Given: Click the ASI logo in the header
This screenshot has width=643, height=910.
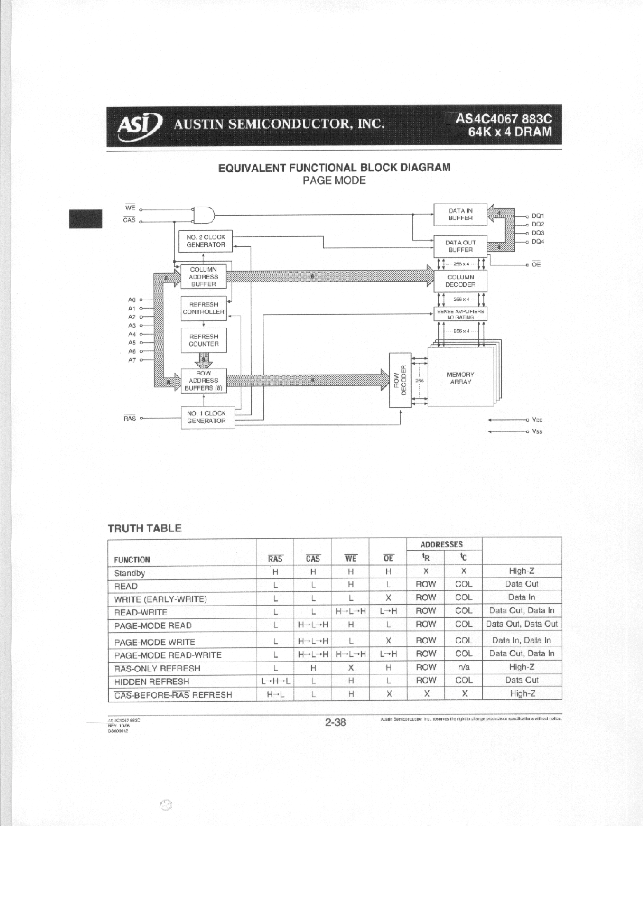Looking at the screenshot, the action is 139,126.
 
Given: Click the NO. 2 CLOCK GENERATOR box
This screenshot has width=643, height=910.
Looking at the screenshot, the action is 205,241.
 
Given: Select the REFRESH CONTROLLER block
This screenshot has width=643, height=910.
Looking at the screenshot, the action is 203,308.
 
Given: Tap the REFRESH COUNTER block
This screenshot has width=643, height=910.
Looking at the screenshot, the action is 203,340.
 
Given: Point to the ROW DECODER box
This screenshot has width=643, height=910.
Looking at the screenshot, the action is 400,380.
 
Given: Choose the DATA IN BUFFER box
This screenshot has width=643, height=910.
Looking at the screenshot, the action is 460,214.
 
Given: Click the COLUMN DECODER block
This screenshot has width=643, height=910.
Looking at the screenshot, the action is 460,281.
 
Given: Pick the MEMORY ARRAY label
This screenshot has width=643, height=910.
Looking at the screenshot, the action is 460,378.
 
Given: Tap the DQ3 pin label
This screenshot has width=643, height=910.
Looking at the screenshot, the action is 538,233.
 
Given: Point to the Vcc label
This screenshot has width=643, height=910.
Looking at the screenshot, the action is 537,420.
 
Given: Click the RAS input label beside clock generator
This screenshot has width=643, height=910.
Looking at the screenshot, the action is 130,419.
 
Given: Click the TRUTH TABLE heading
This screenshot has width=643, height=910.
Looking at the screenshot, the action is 145,528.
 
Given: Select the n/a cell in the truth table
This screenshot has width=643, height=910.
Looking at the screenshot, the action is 463,667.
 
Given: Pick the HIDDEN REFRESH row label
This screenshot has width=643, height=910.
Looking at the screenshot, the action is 152,682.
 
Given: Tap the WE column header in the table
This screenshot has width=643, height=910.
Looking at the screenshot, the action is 350,558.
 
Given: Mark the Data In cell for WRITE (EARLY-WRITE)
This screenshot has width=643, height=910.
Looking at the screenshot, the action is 522,597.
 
